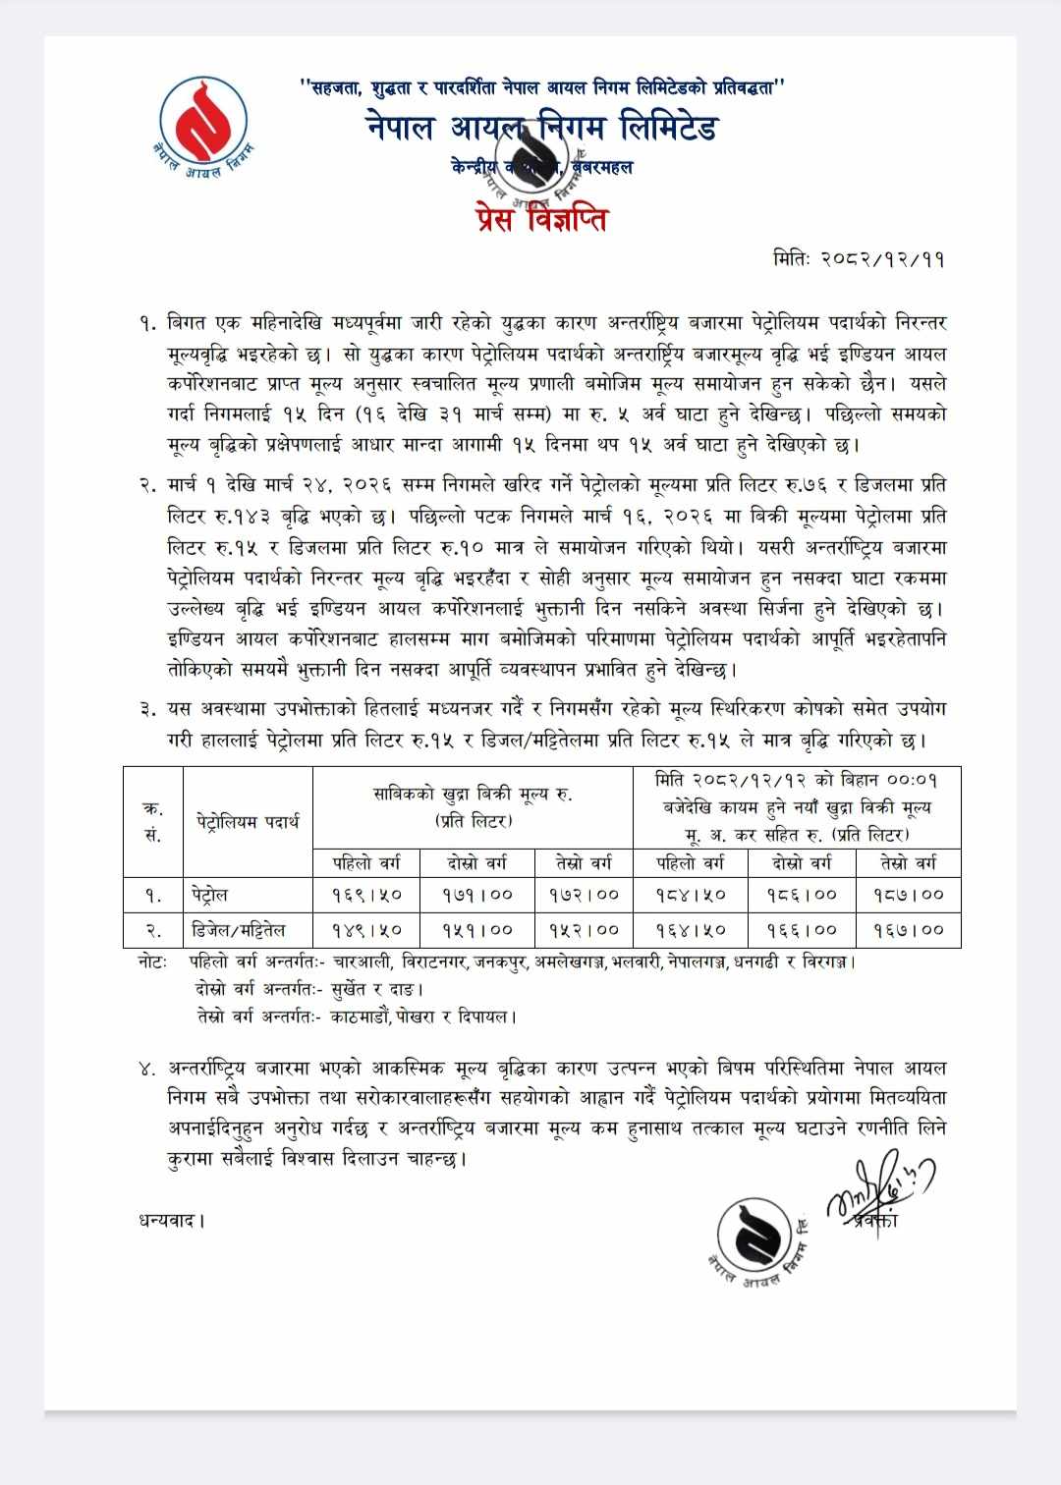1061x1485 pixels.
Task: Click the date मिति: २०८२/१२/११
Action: click(x=860, y=260)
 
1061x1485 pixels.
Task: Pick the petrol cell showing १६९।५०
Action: click(x=365, y=895)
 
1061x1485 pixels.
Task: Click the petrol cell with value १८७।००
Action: click(x=908, y=895)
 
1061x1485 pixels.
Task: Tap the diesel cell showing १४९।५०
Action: click(x=365, y=929)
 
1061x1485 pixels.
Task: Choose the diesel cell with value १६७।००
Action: click(x=908, y=929)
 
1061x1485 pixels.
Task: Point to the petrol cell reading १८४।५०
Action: click(x=690, y=895)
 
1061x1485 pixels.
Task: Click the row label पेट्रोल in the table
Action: click(x=211, y=895)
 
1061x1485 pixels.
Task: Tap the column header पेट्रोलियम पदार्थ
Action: click(x=248, y=821)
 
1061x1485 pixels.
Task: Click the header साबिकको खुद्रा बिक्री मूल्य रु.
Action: click(x=473, y=794)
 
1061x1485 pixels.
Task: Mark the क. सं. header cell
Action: click(x=152, y=821)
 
